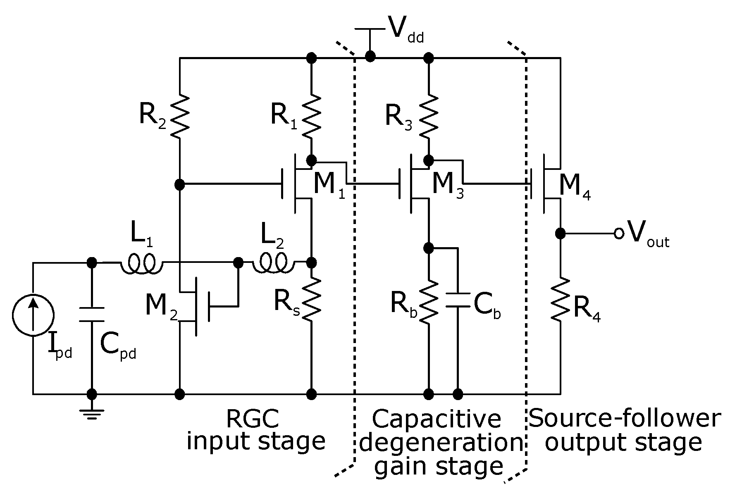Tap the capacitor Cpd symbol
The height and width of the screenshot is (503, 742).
pos(92,314)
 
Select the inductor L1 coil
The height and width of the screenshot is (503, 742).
pos(142,263)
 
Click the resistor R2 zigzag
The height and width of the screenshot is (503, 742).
pos(180,116)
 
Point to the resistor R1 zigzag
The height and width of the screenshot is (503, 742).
pos(311,116)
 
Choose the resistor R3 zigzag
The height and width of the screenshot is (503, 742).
pos(429,116)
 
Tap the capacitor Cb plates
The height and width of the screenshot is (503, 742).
pos(458,300)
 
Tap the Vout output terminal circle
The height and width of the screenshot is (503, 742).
pos(619,234)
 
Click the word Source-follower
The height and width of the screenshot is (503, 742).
pos(624,418)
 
